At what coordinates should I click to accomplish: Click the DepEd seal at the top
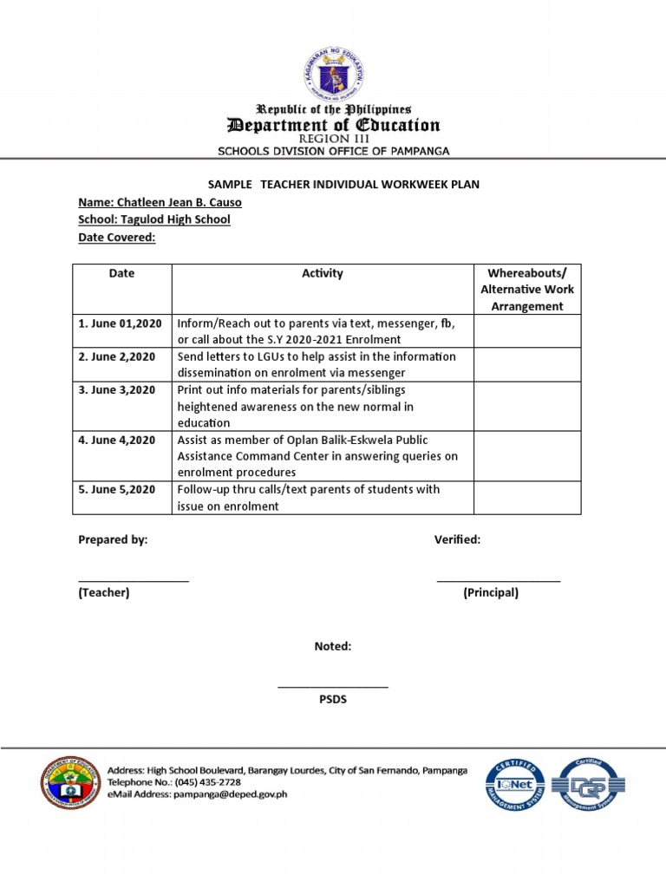(x=333, y=74)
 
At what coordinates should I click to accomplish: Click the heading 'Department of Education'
(x=333, y=125)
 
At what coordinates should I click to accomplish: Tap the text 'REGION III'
(x=333, y=139)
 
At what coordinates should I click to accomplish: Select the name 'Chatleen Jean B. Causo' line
(x=160, y=202)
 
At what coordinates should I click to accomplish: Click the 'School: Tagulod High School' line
(x=154, y=219)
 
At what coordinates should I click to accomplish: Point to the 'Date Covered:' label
(x=117, y=237)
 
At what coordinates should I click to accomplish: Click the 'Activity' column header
(x=322, y=273)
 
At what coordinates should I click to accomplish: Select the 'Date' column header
(x=121, y=273)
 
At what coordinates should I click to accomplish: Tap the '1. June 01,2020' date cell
(x=121, y=323)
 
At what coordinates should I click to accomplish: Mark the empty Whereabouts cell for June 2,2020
(x=526, y=365)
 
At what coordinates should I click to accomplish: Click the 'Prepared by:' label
(x=113, y=539)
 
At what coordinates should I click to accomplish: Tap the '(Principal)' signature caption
(x=491, y=593)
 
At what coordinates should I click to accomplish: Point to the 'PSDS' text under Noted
(x=333, y=699)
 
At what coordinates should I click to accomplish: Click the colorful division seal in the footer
(x=70, y=782)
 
